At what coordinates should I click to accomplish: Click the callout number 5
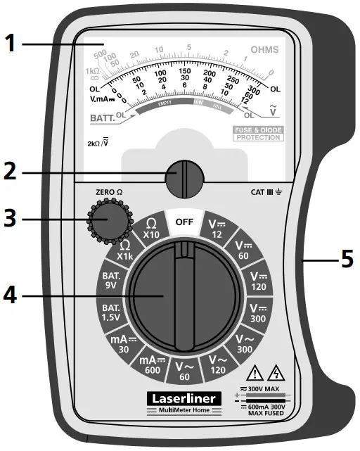tap(346, 260)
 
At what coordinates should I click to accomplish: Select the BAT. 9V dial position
tap(111, 281)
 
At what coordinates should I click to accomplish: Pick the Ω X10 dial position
tap(150, 229)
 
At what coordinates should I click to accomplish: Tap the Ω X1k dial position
tap(125, 250)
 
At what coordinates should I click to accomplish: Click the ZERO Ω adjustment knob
tap(110, 220)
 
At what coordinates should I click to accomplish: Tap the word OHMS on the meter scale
tap(264, 50)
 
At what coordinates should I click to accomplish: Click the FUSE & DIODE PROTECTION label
tap(258, 134)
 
